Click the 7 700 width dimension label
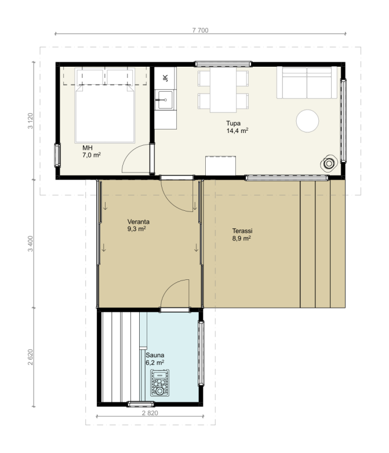point(200,30)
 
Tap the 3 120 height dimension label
point(30,121)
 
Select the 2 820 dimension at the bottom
point(150,413)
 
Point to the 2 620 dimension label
point(30,357)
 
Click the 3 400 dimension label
point(30,243)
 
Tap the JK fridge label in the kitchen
point(166,78)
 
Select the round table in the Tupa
point(307,121)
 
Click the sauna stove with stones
point(160,383)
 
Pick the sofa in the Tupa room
point(307,82)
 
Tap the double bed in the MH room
point(105,106)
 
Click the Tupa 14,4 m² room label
point(237,127)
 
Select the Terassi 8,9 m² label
point(242,234)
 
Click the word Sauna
point(155,355)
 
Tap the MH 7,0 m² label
point(92,152)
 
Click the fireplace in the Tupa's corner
point(329,164)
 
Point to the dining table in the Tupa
point(223,90)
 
